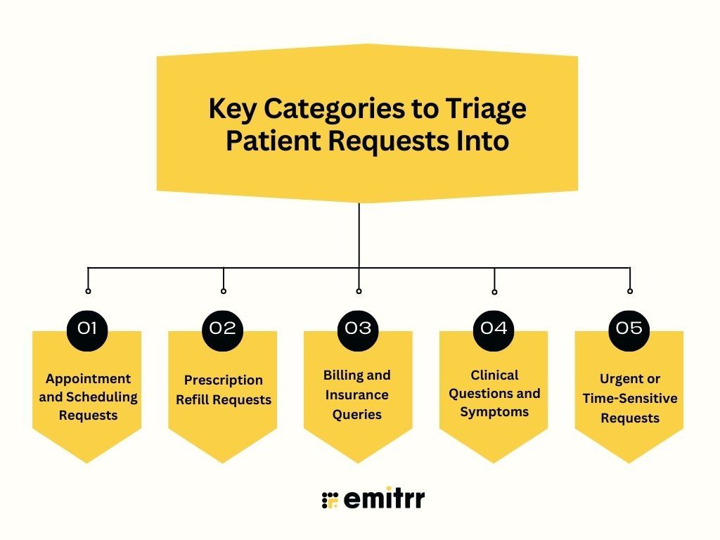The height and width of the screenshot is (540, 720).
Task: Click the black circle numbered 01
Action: [87, 328]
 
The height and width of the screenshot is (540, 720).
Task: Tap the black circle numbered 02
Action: [223, 328]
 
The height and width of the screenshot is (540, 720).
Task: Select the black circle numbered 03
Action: [359, 328]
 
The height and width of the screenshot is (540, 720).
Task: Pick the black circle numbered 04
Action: [494, 328]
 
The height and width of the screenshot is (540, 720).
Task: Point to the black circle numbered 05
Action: [629, 328]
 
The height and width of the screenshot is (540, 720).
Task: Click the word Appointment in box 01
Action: [89, 379]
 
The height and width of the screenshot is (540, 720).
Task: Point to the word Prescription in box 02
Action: [224, 380]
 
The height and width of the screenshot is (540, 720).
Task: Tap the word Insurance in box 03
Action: [356, 394]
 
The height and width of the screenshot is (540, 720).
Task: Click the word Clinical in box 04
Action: [494, 375]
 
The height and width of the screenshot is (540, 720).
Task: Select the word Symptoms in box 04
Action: [494, 412]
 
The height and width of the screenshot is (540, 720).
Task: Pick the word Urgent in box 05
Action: [621, 379]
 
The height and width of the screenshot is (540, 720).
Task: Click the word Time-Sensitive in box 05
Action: [629, 399]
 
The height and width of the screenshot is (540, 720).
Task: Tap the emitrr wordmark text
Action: [385, 499]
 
